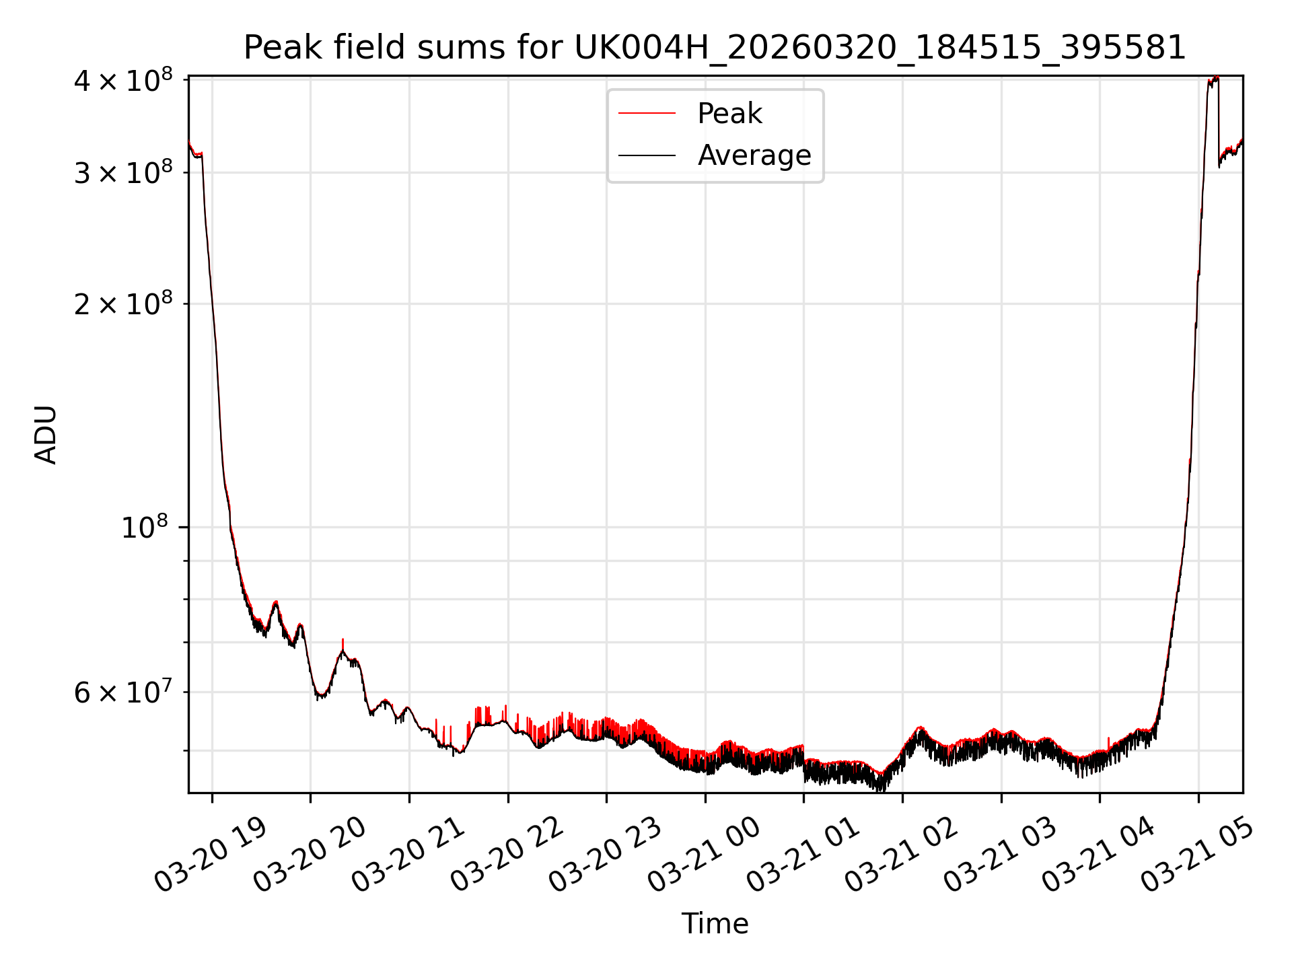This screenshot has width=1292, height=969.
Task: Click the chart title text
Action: [x=715, y=48]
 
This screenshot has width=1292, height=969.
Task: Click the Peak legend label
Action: [x=729, y=114]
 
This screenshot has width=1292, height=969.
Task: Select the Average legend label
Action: [x=754, y=155]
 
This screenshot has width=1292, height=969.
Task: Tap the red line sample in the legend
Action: [x=647, y=114]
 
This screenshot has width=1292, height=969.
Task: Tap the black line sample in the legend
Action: [x=647, y=155]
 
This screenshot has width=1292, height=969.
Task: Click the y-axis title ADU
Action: [x=46, y=435]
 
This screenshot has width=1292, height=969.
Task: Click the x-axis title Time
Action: [x=715, y=924]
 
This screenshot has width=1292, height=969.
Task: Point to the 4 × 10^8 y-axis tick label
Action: [x=122, y=81]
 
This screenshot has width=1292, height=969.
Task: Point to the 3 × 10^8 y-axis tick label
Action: [x=122, y=174]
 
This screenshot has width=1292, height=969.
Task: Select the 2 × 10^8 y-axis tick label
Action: [x=122, y=305]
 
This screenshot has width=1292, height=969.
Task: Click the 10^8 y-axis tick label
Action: [x=144, y=528]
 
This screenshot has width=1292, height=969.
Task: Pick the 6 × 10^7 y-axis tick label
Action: [x=122, y=692]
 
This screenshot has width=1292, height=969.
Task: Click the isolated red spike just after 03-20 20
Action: [x=343, y=643]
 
